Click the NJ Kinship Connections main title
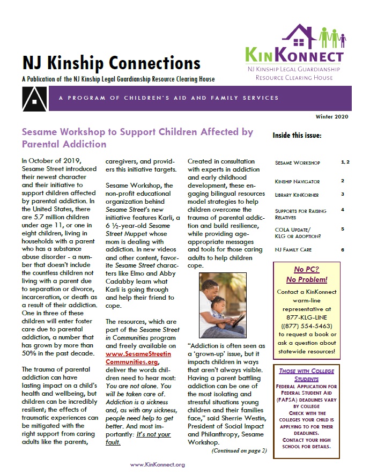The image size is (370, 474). (x=111, y=63)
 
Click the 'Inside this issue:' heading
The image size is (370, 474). (x=297, y=135)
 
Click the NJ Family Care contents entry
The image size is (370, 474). (x=293, y=250)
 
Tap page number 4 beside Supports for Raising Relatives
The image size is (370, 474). (x=342, y=210)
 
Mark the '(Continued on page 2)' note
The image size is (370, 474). (x=239, y=450)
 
